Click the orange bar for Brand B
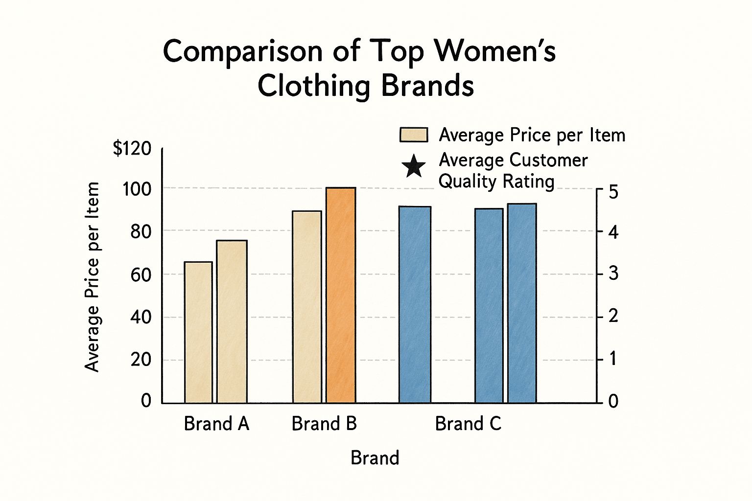(341, 295)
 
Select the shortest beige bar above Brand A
(198, 332)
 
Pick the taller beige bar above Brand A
(232, 321)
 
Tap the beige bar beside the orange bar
(307, 307)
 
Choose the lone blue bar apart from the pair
(415, 304)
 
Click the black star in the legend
(414, 166)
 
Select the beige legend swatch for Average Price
(414, 135)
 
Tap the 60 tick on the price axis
(141, 274)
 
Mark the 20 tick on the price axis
(141, 360)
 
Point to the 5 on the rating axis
(613, 191)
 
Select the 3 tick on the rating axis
(613, 273)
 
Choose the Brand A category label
(216, 424)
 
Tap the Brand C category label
(468, 424)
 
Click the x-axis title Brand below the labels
(375, 458)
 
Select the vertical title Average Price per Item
(92, 277)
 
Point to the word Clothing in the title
(313, 86)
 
